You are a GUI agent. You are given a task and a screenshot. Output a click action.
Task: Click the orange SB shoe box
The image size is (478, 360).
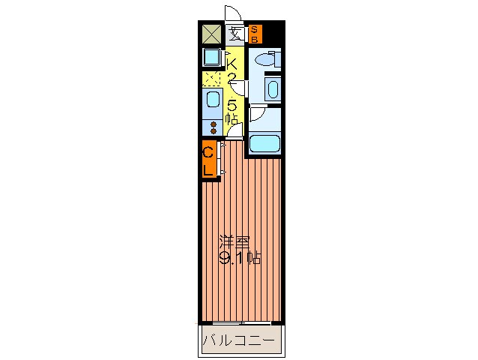coord(255,33)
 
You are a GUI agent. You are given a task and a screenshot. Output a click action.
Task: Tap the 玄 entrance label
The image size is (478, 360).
coord(235,33)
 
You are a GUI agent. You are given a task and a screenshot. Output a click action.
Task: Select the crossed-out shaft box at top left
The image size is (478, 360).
coord(212,34)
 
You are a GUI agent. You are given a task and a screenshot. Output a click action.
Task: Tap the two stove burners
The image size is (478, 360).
coord(212,126)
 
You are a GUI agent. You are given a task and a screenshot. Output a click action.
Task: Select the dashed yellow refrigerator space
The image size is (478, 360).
coord(212,78)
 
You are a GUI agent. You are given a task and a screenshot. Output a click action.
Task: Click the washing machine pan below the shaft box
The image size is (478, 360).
coord(212,57)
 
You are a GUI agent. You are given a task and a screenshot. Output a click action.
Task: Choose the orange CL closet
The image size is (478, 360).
coord(209,160)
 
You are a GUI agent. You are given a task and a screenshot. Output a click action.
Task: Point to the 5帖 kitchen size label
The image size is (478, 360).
coord(232,112)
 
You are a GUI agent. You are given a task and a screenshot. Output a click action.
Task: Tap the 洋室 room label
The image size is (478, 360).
coord(235,243)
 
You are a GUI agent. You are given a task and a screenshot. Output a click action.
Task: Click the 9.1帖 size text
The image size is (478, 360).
coord(240,259)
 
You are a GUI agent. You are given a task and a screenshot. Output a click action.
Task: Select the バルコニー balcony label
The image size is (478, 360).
coord(241,342)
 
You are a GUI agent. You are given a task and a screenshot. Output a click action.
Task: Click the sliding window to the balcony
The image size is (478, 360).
coord(241,322)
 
